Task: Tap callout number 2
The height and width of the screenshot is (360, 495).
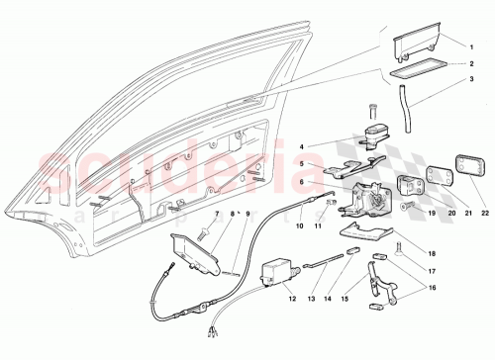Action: (473, 62)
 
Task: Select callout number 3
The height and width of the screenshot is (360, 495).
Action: (473, 79)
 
